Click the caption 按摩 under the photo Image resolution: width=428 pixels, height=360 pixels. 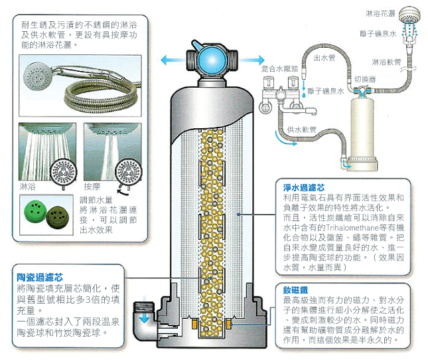(92, 188)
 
